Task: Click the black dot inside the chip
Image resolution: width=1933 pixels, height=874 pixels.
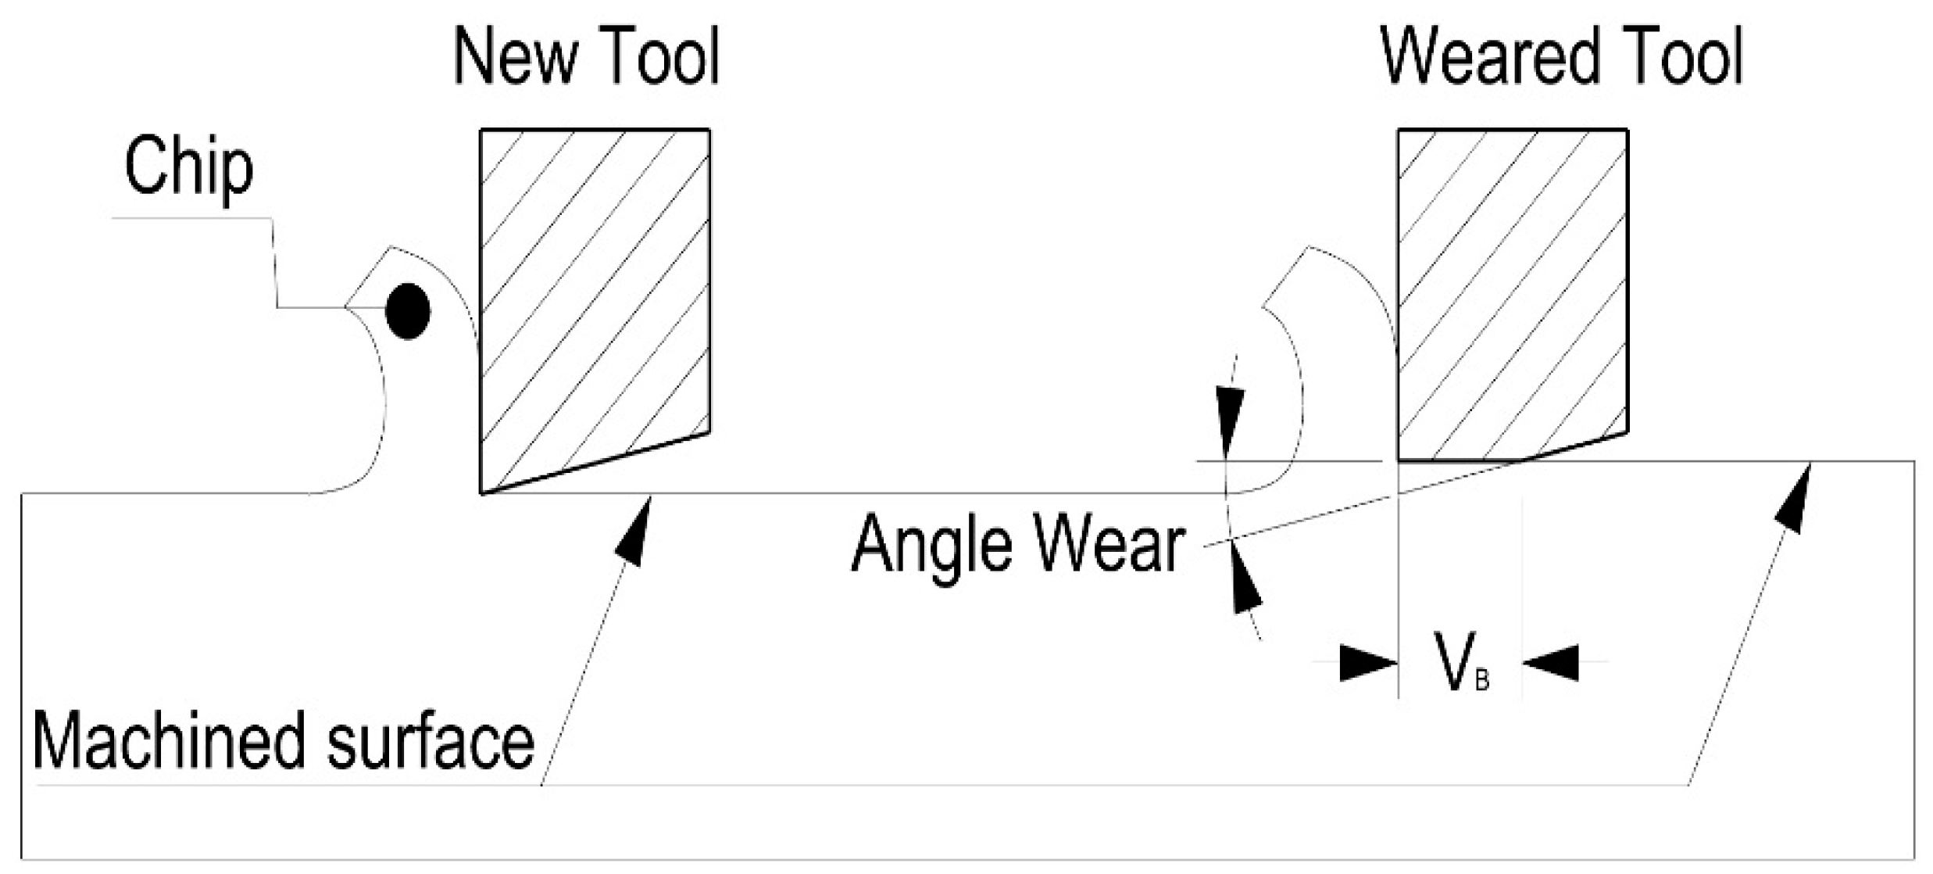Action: click(x=408, y=310)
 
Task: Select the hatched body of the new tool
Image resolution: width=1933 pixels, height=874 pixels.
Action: click(x=594, y=297)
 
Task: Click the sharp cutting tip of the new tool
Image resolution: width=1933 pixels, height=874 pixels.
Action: click(x=481, y=493)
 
